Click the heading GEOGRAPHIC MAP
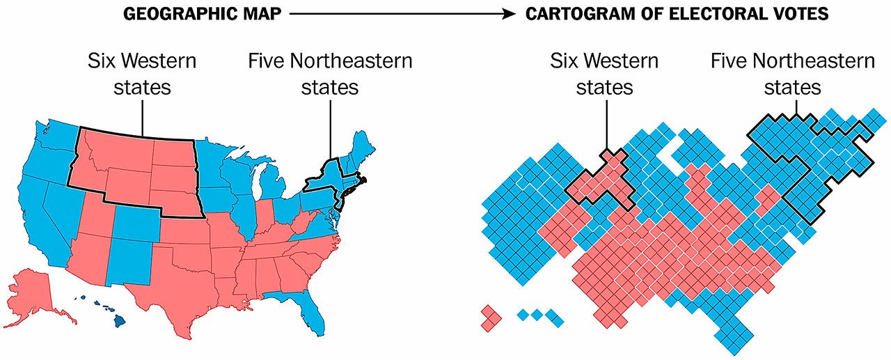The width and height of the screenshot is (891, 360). (203, 15)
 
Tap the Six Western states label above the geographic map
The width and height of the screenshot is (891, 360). (142, 74)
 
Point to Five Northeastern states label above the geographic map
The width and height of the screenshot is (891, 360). (330, 74)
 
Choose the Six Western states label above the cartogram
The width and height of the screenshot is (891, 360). (604, 74)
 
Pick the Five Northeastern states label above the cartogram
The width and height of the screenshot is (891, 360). (792, 74)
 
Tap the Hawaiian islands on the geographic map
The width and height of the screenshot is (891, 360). (104, 310)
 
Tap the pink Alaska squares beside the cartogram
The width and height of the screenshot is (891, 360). (491, 316)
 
